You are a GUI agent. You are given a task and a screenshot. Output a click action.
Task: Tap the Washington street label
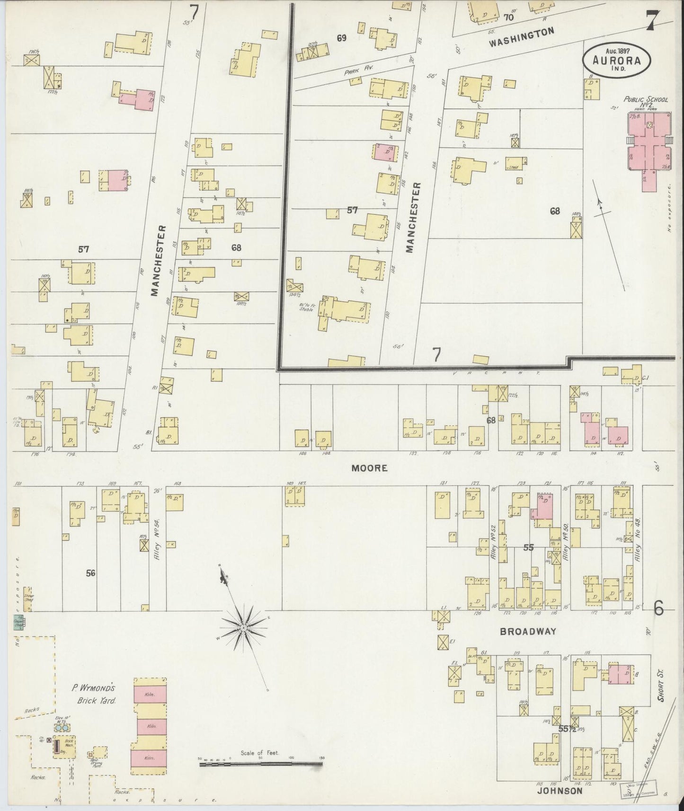click(x=521, y=37)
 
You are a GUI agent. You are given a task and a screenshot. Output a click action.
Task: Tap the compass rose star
click(x=242, y=627)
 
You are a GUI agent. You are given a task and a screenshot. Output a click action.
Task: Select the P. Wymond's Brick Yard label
click(x=93, y=694)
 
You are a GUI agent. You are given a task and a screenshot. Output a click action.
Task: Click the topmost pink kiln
click(x=150, y=693)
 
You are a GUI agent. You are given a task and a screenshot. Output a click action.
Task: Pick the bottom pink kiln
click(x=150, y=758)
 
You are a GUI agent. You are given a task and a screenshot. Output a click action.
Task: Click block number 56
click(x=90, y=573)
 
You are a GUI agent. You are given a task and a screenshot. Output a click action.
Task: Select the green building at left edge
click(x=19, y=622)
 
